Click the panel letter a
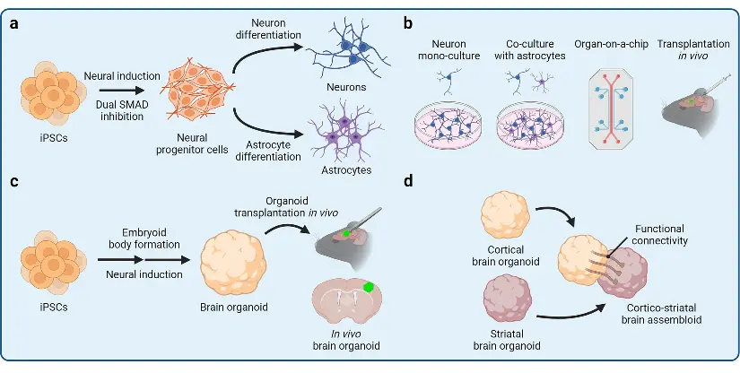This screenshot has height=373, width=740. [x=14, y=25]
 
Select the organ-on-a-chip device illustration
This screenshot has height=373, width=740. [x=613, y=111]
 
